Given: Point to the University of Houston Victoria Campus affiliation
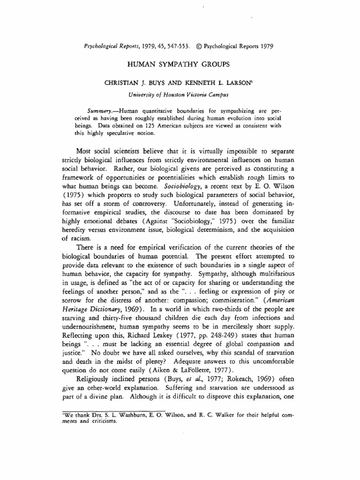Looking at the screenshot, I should pyautogui.click(x=180, y=94).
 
